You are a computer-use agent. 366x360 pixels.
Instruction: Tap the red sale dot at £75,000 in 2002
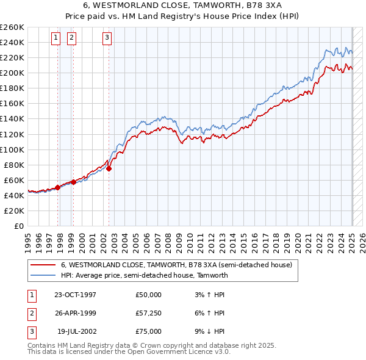click(x=109, y=168)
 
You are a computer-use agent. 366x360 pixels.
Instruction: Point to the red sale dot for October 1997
click(x=58, y=187)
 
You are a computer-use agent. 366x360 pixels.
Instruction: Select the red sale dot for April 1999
click(x=73, y=182)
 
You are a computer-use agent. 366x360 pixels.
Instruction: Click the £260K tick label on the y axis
click(x=12, y=27)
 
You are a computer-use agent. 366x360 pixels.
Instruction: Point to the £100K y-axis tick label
click(x=12, y=149)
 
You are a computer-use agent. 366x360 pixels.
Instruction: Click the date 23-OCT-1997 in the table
click(x=75, y=295)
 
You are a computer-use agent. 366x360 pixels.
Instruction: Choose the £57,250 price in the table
click(x=148, y=313)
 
